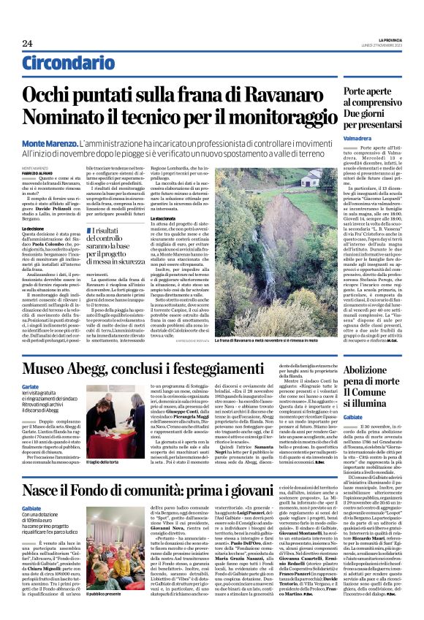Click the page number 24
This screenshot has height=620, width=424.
tap(27, 43)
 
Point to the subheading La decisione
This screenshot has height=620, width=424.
tap(34, 228)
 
